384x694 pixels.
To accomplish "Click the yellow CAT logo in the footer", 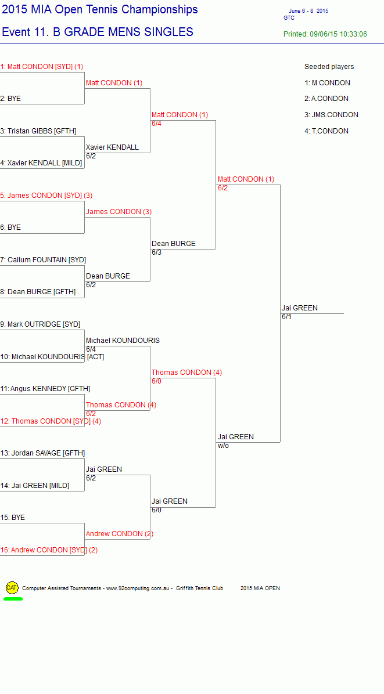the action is pos(12,588).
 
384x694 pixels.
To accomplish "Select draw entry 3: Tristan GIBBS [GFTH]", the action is pos(38,131).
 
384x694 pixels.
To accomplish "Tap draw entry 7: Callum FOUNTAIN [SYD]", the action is pos(43,260).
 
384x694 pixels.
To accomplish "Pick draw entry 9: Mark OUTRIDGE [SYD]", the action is pos(40,324).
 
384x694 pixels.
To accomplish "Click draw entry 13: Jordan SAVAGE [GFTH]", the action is pos(42,453).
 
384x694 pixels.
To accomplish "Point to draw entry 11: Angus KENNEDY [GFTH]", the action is pos(45,389).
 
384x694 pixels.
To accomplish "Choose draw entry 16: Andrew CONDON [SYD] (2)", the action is pos(49,550).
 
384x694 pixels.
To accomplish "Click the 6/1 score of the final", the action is pos(286,317).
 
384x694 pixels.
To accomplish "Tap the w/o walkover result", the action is pos(223,446).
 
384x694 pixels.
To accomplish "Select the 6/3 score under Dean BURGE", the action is pos(156,252).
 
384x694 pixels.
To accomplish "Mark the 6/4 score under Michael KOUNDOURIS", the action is pos(91,349).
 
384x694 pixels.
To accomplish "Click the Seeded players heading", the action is pos(329,67).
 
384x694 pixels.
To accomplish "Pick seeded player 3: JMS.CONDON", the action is pos(331,115).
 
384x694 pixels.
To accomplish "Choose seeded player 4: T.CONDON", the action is pos(326,131).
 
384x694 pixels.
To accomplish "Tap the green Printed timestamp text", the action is pos(325,34).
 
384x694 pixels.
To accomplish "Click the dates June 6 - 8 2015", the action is pos(308,11).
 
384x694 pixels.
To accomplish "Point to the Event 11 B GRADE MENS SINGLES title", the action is pos(98,32).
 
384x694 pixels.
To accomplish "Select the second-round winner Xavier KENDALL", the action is pos(112,147).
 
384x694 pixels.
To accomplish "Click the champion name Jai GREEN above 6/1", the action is pos(299,308).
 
